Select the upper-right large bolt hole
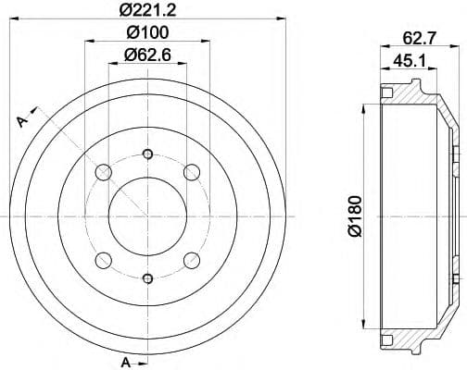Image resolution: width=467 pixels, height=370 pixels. coord(193,172)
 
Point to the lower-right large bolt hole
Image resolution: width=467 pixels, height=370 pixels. coord(193,260)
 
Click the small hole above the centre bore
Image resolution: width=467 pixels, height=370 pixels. coord(148,154)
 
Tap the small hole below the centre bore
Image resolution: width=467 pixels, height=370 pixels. coord(148,277)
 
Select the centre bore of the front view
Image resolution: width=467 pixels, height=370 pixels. coord(148,216)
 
